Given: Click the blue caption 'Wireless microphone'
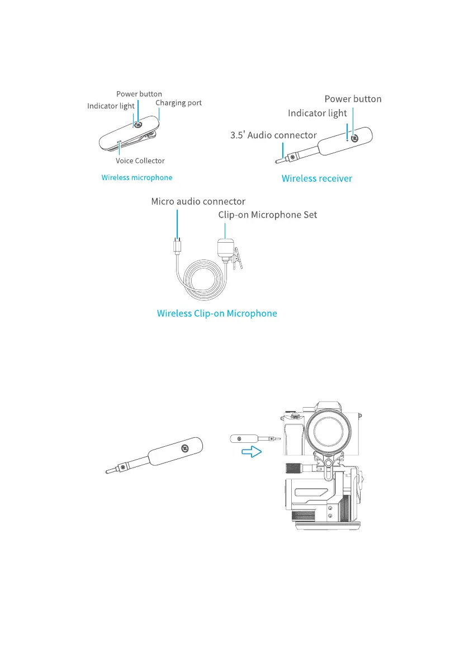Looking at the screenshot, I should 137,177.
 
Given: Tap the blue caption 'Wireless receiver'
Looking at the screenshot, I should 316,179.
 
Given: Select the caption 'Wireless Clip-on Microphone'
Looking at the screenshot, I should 217,313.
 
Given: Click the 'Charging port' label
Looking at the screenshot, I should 178,103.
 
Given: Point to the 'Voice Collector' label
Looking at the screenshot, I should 140,160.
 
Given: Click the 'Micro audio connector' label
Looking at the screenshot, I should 198,201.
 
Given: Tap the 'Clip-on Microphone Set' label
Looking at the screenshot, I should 267,215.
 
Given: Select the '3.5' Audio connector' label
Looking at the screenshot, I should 273,135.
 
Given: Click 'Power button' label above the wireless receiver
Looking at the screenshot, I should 353,99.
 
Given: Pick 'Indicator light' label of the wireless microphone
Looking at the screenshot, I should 111,106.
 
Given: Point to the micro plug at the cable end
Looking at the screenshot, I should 177,245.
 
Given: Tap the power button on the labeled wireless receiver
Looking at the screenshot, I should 355,137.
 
